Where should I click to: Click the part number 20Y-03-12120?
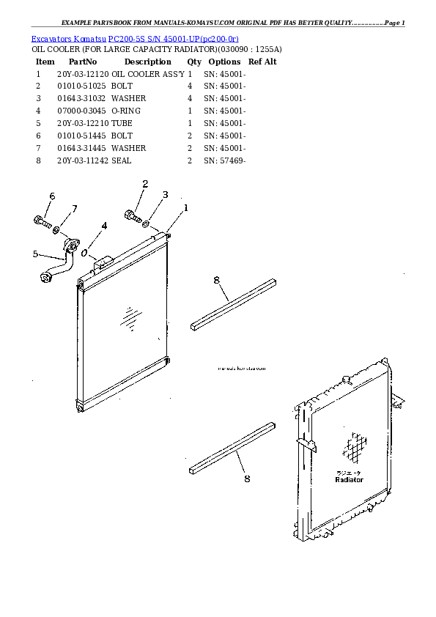tap(82, 74)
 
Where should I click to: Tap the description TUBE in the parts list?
tap(122, 124)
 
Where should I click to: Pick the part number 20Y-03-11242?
tap(82, 161)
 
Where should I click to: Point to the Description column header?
tap(147, 62)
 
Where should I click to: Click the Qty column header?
tap(194, 62)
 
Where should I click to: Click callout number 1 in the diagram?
tap(185, 208)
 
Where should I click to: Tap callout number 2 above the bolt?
tap(145, 185)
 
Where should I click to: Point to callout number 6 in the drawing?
tap(52, 196)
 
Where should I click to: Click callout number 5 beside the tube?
tap(35, 254)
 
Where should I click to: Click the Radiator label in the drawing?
tap(349, 479)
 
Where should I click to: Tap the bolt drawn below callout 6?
tap(42, 220)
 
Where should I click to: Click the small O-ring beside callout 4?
tap(86, 254)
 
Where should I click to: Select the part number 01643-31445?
tap(82, 149)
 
